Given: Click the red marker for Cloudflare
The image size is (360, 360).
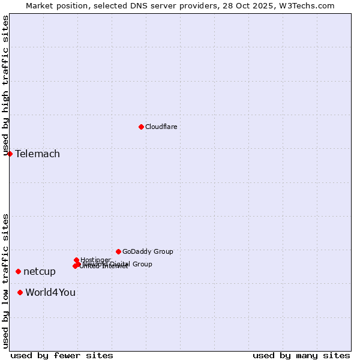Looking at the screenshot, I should pyautogui.click(x=141, y=127).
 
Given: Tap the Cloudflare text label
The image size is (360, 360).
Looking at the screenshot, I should pyautogui.click(x=161, y=127).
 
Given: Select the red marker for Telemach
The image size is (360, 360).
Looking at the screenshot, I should pyautogui.click(x=10, y=154).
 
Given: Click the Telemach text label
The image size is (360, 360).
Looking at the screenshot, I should pyautogui.click(x=37, y=154).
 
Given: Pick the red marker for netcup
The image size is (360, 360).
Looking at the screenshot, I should pyautogui.click(x=18, y=271).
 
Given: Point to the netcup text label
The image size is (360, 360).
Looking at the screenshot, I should pyautogui.click(x=40, y=271).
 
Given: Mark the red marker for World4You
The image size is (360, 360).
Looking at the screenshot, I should pyautogui.click(x=20, y=292).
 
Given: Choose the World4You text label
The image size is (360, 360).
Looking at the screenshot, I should pyautogui.click(x=50, y=292).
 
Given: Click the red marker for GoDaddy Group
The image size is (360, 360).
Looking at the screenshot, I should pyautogui.click(x=118, y=251).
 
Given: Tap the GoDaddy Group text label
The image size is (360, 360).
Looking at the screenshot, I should pyautogui.click(x=148, y=251).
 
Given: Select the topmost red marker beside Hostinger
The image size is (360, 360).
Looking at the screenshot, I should pyautogui.click(x=76, y=260).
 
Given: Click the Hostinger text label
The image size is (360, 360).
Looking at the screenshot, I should pyautogui.click(x=95, y=260).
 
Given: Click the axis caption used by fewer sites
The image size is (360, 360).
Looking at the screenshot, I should pyautogui.click(x=62, y=355).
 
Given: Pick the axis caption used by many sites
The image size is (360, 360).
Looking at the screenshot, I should pyautogui.click(x=301, y=355).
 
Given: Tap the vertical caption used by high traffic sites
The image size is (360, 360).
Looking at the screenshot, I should pyautogui.click(x=5, y=85).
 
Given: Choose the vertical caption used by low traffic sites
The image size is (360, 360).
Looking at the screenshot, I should pyautogui.click(x=5, y=281).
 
